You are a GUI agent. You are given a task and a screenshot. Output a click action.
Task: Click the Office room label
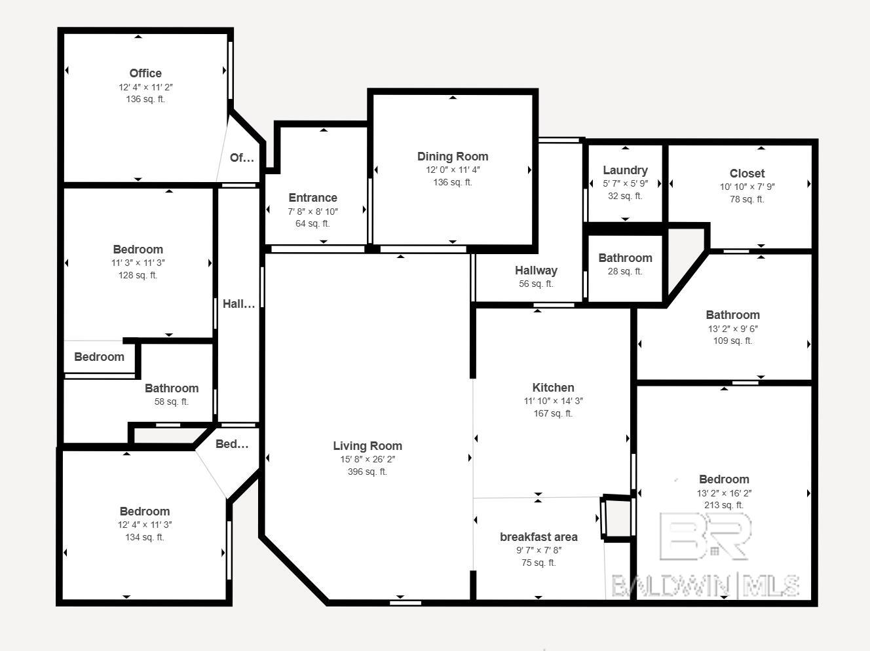tap(145, 73)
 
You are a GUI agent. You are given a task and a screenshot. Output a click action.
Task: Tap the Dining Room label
tap(453, 157)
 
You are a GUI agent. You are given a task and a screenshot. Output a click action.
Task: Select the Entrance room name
tap(312, 198)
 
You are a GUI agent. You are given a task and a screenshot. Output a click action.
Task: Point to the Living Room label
tap(368, 446)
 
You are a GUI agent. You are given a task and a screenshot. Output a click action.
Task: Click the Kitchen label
tap(553, 388)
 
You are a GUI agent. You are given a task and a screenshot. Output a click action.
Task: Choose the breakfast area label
tap(539, 537)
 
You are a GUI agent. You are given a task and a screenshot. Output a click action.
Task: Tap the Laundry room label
tap(625, 170)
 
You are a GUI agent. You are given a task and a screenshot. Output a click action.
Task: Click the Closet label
tap(747, 174)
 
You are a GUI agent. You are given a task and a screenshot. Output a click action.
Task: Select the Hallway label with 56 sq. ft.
tap(536, 270)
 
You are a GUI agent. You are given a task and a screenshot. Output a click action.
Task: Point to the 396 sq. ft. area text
tap(368, 472)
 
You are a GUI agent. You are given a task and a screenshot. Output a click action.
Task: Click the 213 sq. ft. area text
tap(724, 505)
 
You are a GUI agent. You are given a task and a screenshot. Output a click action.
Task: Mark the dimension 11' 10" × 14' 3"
tap(553, 401)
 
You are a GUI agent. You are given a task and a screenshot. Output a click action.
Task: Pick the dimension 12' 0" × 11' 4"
tap(453, 170)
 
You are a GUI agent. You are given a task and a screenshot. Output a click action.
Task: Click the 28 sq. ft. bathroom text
tap(625, 271)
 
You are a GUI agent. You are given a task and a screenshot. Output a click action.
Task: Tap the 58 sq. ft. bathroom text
tap(171, 401)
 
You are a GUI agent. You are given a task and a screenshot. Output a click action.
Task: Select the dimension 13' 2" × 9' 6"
tap(732, 329)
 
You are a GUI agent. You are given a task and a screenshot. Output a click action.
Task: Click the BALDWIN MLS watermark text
tap(705, 586)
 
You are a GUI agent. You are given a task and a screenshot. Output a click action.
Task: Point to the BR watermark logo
tap(706, 536)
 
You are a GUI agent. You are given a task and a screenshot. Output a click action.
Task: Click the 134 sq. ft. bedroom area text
tap(145, 537)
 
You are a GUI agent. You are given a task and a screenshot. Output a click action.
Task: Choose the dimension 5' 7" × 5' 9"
tap(625, 184)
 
